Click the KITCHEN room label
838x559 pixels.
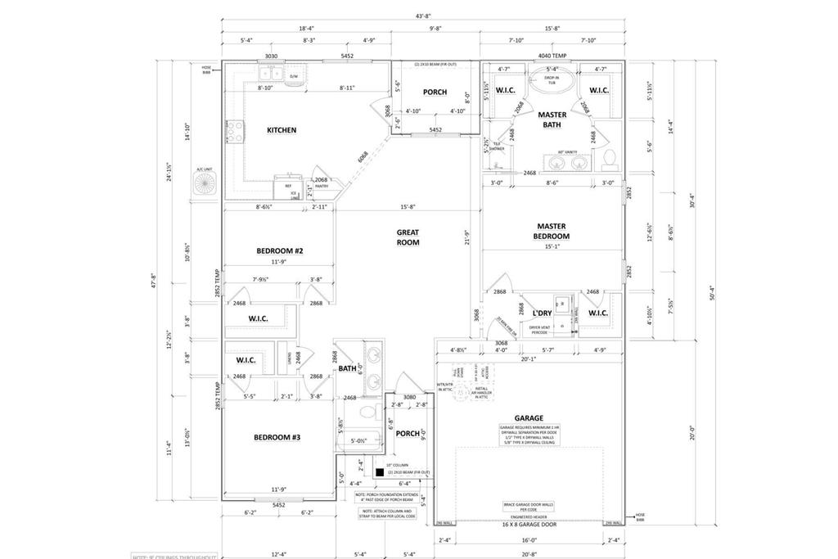[x=281, y=130]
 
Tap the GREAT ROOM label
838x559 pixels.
[x=408, y=237]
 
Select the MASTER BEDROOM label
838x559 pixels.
[x=552, y=231]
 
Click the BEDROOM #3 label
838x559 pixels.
[x=277, y=438]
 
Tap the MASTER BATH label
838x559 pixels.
[x=552, y=120]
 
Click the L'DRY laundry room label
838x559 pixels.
[x=541, y=313]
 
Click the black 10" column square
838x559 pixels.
[x=380, y=472]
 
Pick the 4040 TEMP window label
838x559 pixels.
[x=551, y=56]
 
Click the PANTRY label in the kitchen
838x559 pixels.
[x=322, y=186]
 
